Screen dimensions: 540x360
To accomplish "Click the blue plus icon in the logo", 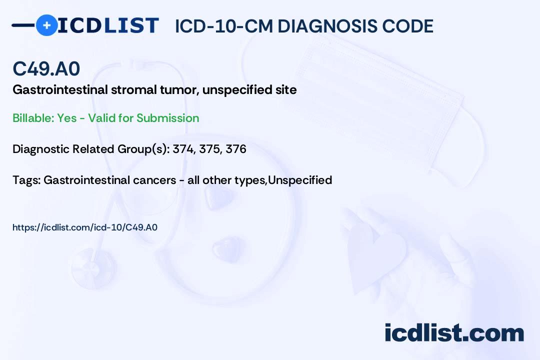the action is [x=46, y=25].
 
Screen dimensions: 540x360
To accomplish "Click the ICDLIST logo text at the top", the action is [x=108, y=25].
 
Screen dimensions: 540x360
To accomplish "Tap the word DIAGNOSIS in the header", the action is [x=327, y=26].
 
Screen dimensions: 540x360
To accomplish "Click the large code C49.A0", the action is [x=46, y=68].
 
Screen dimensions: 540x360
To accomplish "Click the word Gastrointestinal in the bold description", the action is [x=60, y=89].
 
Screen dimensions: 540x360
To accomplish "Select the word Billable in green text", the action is [x=33, y=118].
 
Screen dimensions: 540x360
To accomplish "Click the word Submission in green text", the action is [x=167, y=118].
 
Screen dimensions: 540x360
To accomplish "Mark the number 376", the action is [x=236, y=149].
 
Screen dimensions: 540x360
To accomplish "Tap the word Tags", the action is [x=26, y=180].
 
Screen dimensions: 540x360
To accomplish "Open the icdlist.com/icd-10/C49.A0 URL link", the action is [x=84, y=227].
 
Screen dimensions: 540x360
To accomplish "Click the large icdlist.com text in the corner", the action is [x=454, y=332].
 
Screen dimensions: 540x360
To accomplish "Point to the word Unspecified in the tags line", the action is [x=300, y=180].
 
